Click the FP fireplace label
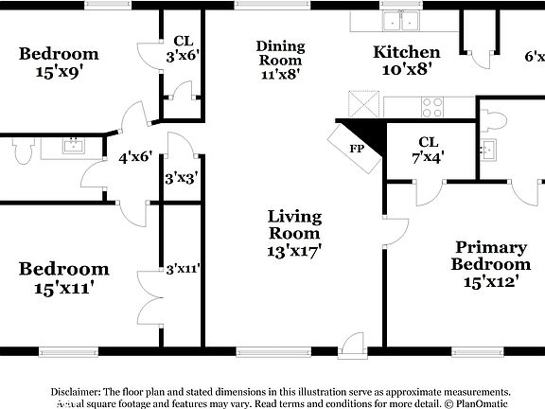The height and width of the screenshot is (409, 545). tap(357, 149)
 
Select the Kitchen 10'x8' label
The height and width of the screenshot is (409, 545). tap(406, 60)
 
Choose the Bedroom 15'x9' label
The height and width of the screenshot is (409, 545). tap(59, 61)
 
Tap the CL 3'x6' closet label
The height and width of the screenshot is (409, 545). tap(184, 48)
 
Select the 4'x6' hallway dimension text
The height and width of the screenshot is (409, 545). tap(135, 158)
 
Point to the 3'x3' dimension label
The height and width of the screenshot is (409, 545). tap(181, 177)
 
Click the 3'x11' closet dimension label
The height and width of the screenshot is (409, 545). tap(182, 268)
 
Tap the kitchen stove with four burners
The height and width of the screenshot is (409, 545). tap(432, 106)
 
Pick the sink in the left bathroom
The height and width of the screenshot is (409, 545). tap(73, 146)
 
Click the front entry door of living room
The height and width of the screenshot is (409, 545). tap(353, 343)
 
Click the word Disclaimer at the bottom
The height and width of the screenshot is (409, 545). tap(75, 391)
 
